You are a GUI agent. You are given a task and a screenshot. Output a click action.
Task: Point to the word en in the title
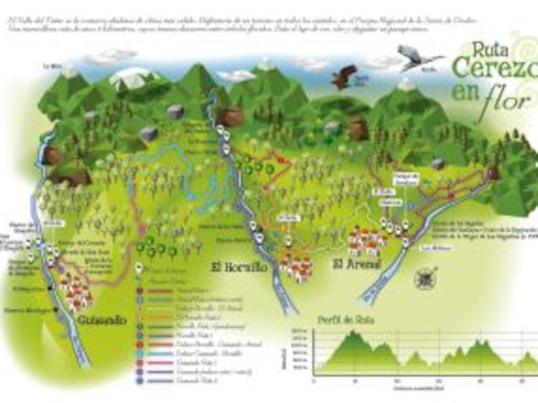[x=466, y=97]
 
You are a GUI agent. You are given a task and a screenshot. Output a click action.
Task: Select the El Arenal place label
[x=356, y=265]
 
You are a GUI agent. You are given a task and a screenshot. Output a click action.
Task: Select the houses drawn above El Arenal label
[x=364, y=241]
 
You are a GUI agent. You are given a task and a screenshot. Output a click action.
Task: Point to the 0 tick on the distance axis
[x=313, y=381]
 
